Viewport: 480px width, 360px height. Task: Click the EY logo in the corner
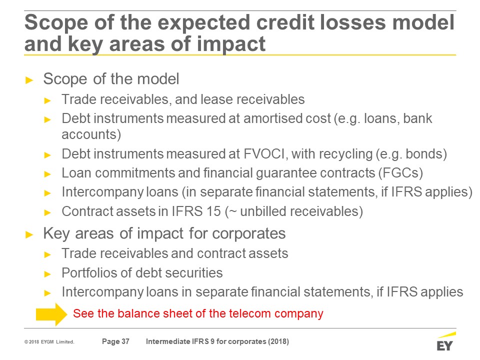tap(445, 341)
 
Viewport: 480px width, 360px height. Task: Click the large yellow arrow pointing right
tap(51, 314)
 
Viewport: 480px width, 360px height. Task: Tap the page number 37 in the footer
tap(125, 341)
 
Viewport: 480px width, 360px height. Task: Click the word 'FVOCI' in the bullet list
tap(264, 153)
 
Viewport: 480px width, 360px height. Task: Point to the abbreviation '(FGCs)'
tap(400, 173)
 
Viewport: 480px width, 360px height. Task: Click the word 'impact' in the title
tap(231, 44)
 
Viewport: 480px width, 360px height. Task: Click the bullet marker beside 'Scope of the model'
tap(29, 80)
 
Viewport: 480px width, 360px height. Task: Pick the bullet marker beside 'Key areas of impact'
tap(29, 235)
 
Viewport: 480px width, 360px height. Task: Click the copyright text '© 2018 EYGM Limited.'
tap(49, 341)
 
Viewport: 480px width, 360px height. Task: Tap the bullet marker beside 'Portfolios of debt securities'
tap(47, 274)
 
